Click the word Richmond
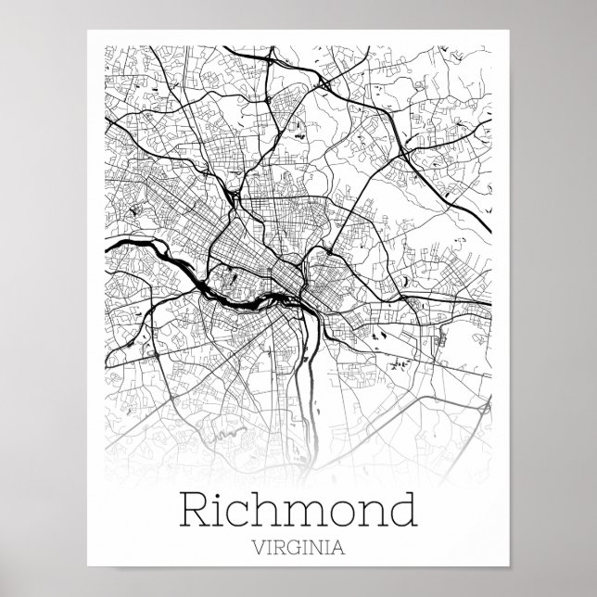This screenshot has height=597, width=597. pyautogui.click(x=298, y=511)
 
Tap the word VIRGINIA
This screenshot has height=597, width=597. pyautogui.click(x=298, y=548)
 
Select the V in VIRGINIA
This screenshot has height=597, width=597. pyautogui.click(x=255, y=548)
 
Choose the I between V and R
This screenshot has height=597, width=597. pyautogui.click(x=267, y=548)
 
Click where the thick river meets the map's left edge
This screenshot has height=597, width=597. pyautogui.click(x=108, y=248)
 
